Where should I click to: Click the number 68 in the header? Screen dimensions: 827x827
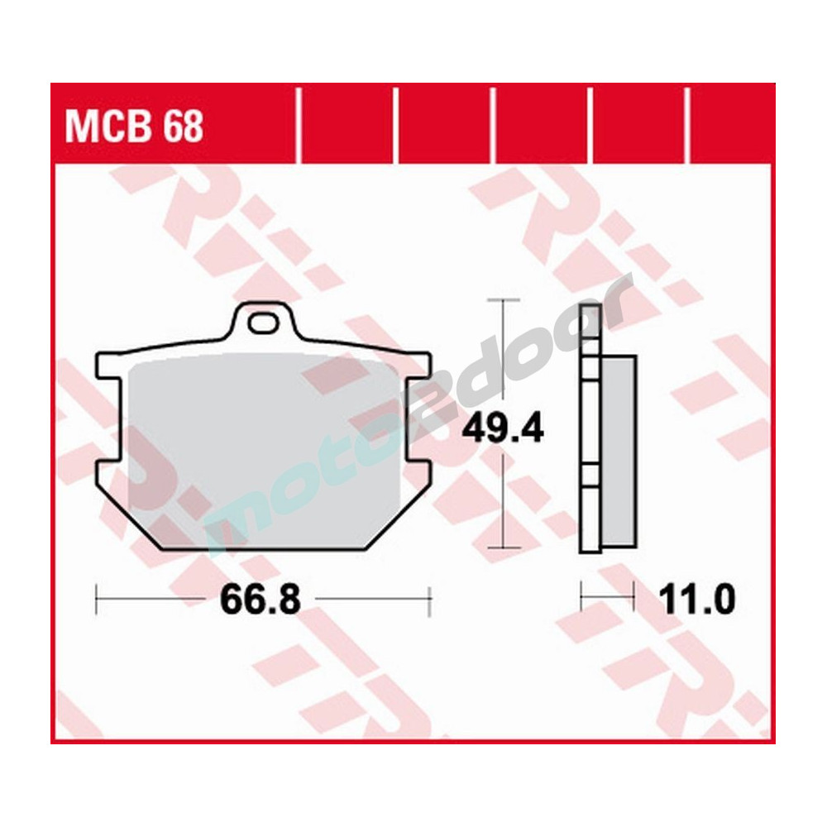(x=183, y=129)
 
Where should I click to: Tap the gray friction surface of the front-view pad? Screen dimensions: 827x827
(x=248, y=447)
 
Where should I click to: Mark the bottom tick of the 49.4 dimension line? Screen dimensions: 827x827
(x=503, y=547)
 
